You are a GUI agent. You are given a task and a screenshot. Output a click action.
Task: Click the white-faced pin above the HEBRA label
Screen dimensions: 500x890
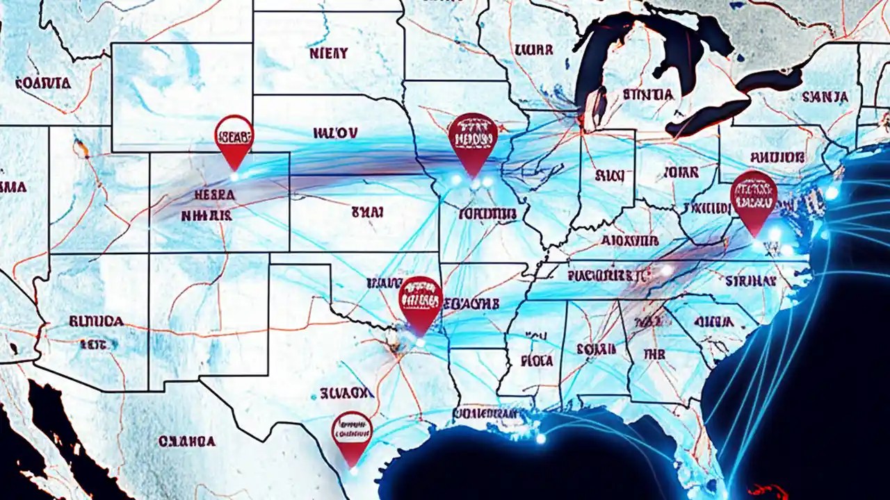pyautogui.click(x=234, y=135)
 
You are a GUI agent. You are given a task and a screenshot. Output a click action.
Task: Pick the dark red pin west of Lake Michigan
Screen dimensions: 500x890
pyautogui.click(x=473, y=137)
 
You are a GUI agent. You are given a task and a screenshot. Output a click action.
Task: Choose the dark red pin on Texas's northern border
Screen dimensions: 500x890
pyautogui.click(x=421, y=299)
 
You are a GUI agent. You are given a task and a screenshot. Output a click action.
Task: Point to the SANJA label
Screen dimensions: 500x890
pyautogui.click(x=825, y=97)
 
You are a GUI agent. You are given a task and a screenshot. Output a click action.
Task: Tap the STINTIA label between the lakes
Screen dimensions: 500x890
pyautogui.click(x=647, y=94)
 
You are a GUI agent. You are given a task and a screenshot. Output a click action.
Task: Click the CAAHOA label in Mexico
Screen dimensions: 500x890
pyautogui.click(x=186, y=440)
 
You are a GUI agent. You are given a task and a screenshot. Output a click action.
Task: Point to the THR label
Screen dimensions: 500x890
pyautogui.click(x=654, y=354)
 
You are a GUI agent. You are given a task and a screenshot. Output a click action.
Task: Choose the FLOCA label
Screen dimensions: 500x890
pyautogui.click(x=536, y=360)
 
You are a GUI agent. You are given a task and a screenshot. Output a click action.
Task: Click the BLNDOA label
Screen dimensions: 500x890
pyautogui.click(x=96, y=321)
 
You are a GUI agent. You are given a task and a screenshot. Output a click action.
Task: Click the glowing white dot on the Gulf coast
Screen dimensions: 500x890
pyautogui.click(x=541, y=438)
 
